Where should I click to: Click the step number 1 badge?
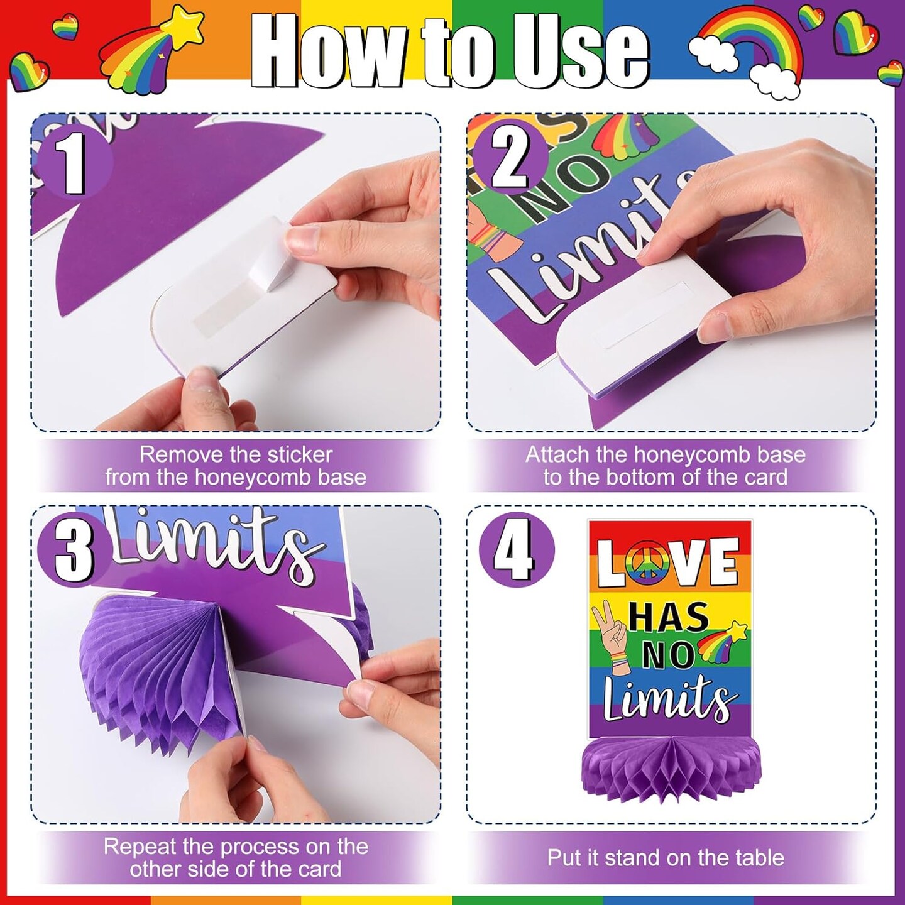pyautogui.click(x=74, y=163)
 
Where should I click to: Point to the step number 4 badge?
pyautogui.click(x=516, y=549)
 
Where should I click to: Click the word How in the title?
pyautogui.click(x=329, y=51)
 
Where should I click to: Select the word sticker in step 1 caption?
pyautogui.click(x=300, y=454)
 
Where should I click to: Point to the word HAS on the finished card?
pyautogui.click(x=668, y=617)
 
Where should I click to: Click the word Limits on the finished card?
pyautogui.click(x=667, y=699)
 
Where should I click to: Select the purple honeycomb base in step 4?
pyautogui.click(x=671, y=764)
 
